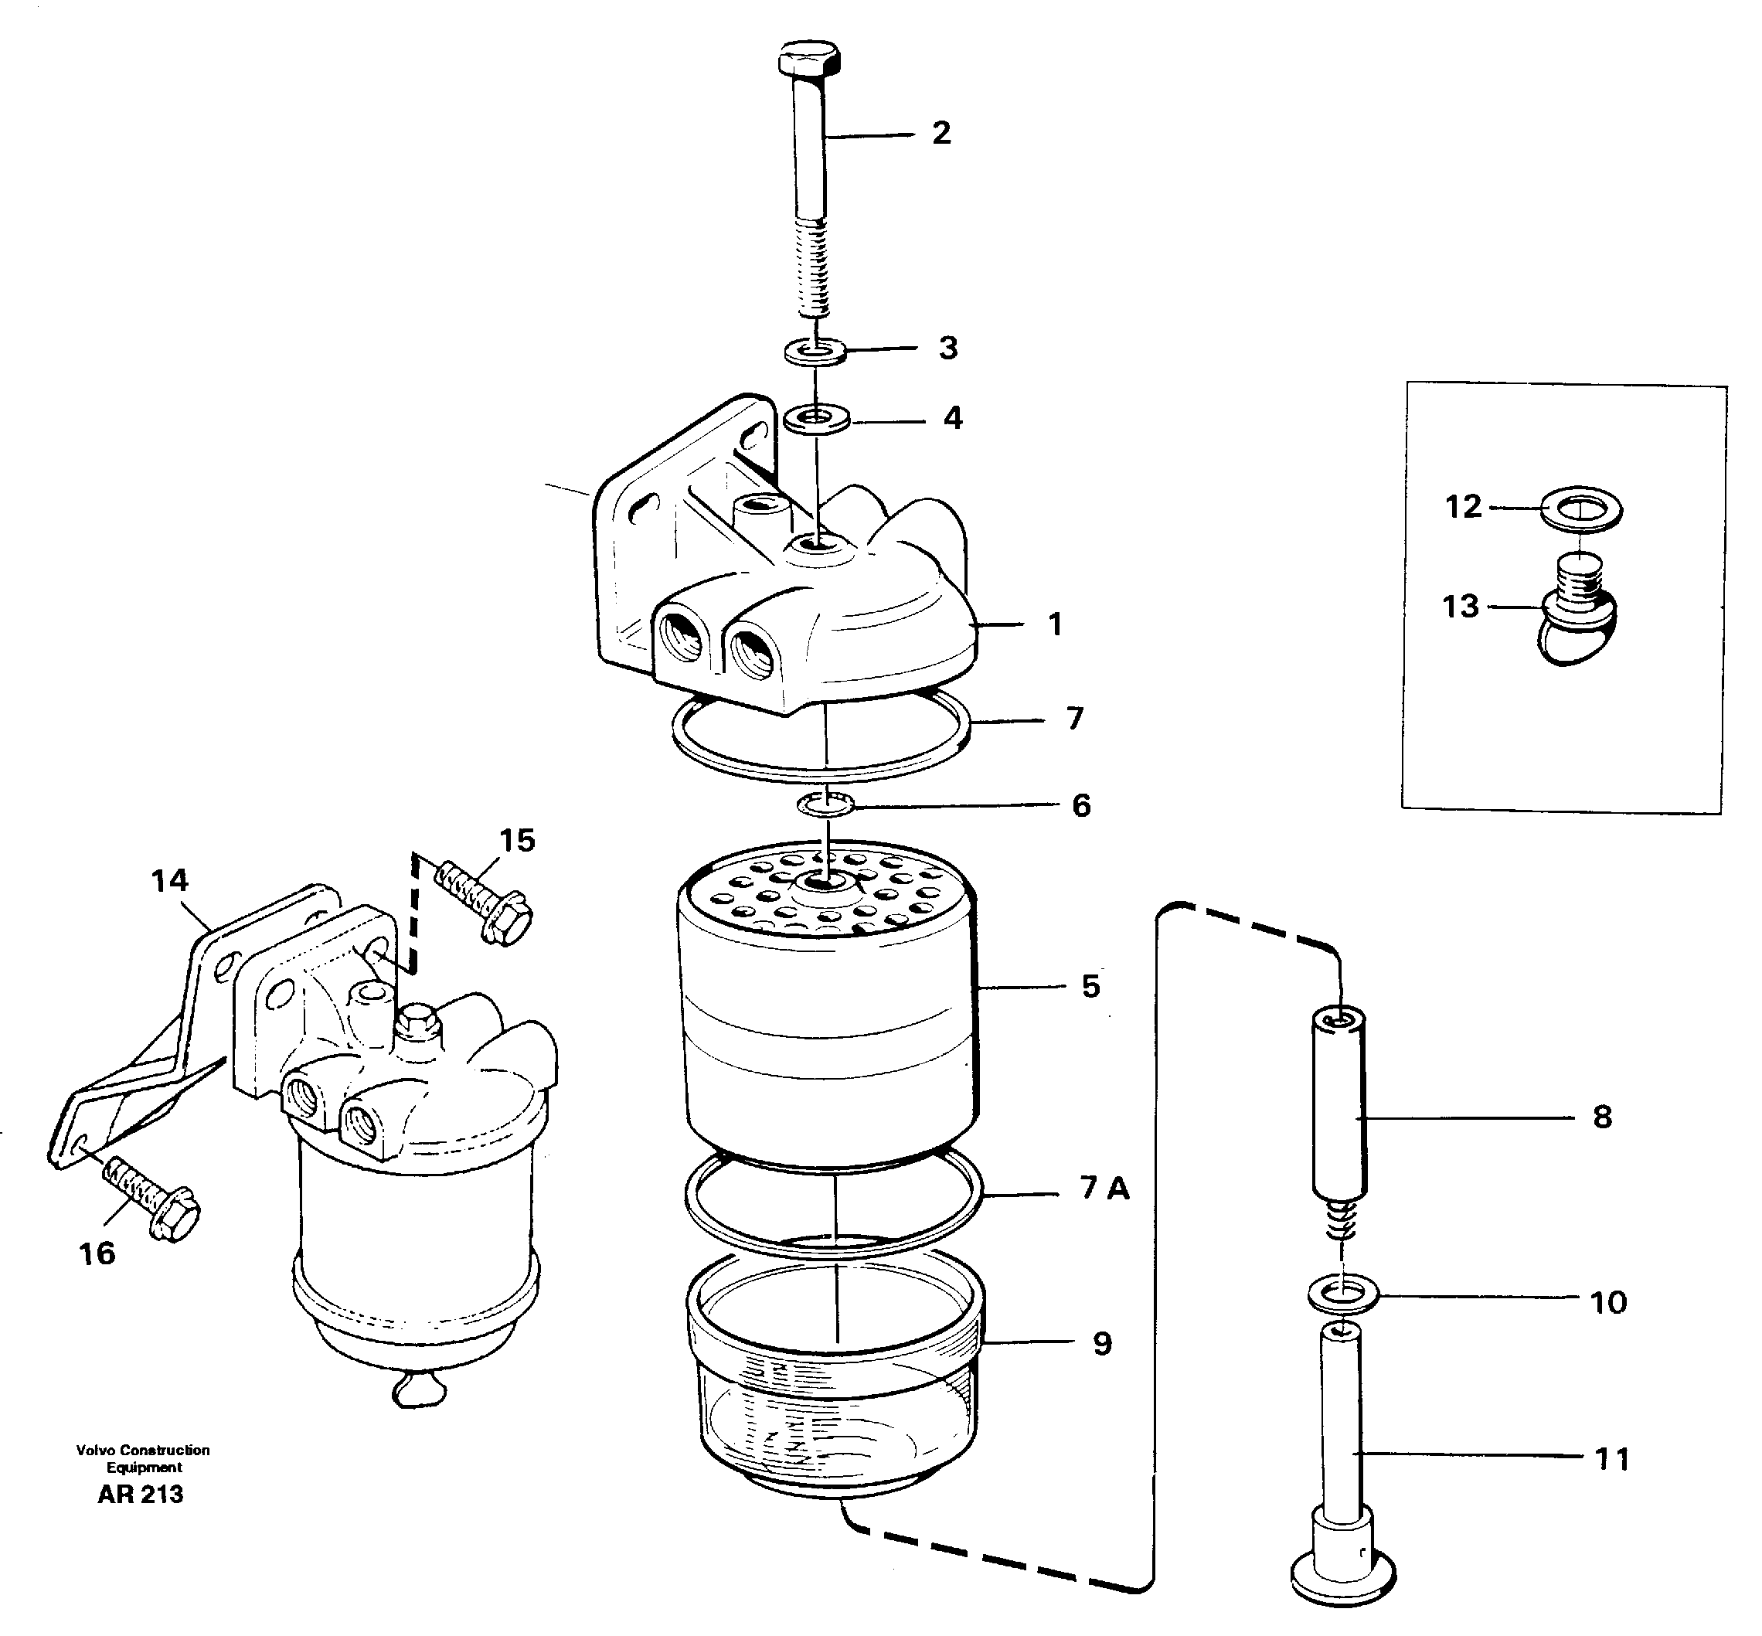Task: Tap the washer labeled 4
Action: point(816,417)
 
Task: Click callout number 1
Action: point(1055,624)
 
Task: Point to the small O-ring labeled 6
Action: point(825,804)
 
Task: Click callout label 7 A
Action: point(1104,1188)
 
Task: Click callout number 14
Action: point(169,880)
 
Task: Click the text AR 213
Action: point(141,1495)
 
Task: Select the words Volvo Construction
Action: point(142,1450)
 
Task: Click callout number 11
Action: point(1611,1458)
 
